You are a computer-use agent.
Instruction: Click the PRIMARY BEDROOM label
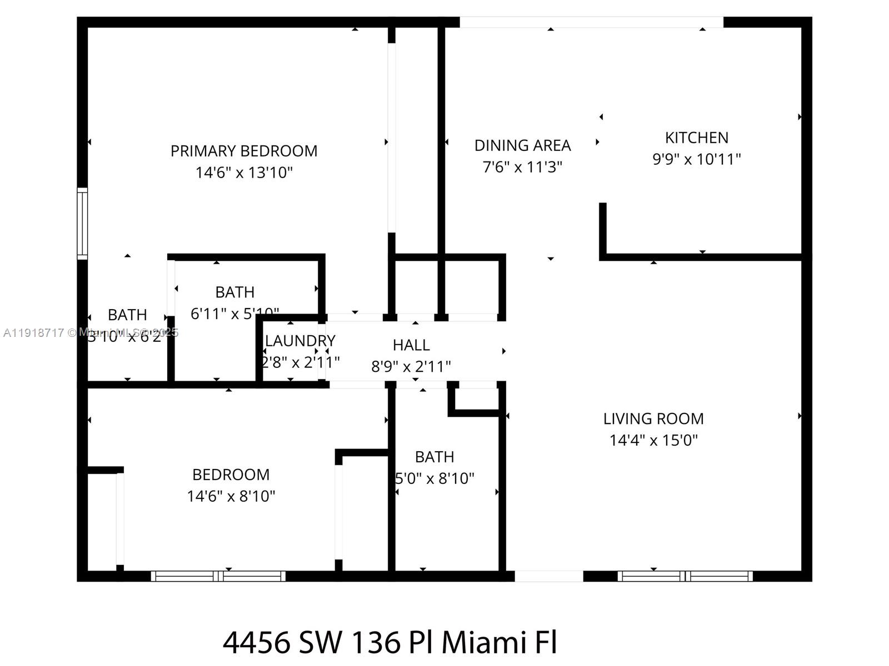click(x=244, y=151)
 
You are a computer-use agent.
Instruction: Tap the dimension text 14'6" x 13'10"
click(x=244, y=173)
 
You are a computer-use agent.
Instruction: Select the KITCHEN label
click(x=696, y=138)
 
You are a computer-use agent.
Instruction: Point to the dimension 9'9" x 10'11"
click(x=696, y=159)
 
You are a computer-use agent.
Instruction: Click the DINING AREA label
click(x=522, y=145)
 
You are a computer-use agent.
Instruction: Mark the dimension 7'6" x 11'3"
click(x=522, y=167)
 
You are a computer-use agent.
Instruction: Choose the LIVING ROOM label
click(x=653, y=418)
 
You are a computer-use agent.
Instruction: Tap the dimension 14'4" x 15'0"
click(x=653, y=440)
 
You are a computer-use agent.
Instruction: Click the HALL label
click(x=411, y=345)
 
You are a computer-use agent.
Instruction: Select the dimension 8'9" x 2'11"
click(x=411, y=367)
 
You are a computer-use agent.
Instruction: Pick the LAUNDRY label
click(x=300, y=341)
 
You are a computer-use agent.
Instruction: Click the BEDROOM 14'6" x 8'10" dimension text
click(x=231, y=496)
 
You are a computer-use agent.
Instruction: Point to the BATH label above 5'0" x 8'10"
click(x=434, y=457)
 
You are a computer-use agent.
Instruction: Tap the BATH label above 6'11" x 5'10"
click(x=235, y=292)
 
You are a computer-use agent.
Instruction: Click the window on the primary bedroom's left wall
click(x=82, y=223)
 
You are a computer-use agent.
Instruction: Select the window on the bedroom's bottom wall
click(x=218, y=576)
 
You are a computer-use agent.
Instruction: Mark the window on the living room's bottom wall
click(x=685, y=576)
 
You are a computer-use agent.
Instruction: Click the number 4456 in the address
click(x=256, y=643)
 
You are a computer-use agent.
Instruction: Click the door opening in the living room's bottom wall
click(x=549, y=576)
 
